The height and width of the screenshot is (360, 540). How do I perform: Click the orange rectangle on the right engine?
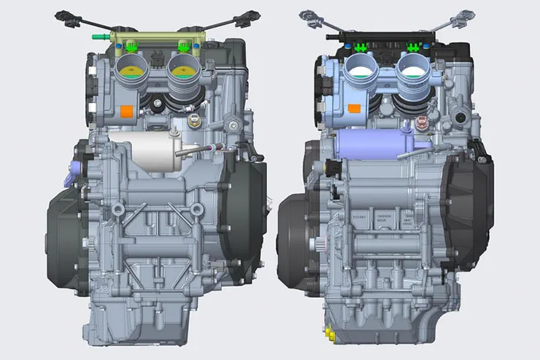(x=354, y=109)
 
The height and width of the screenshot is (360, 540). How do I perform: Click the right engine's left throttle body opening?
(x=362, y=68)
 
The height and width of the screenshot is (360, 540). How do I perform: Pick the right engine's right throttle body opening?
(x=414, y=68)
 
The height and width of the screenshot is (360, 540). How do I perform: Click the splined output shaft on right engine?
(x=318, y=243)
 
